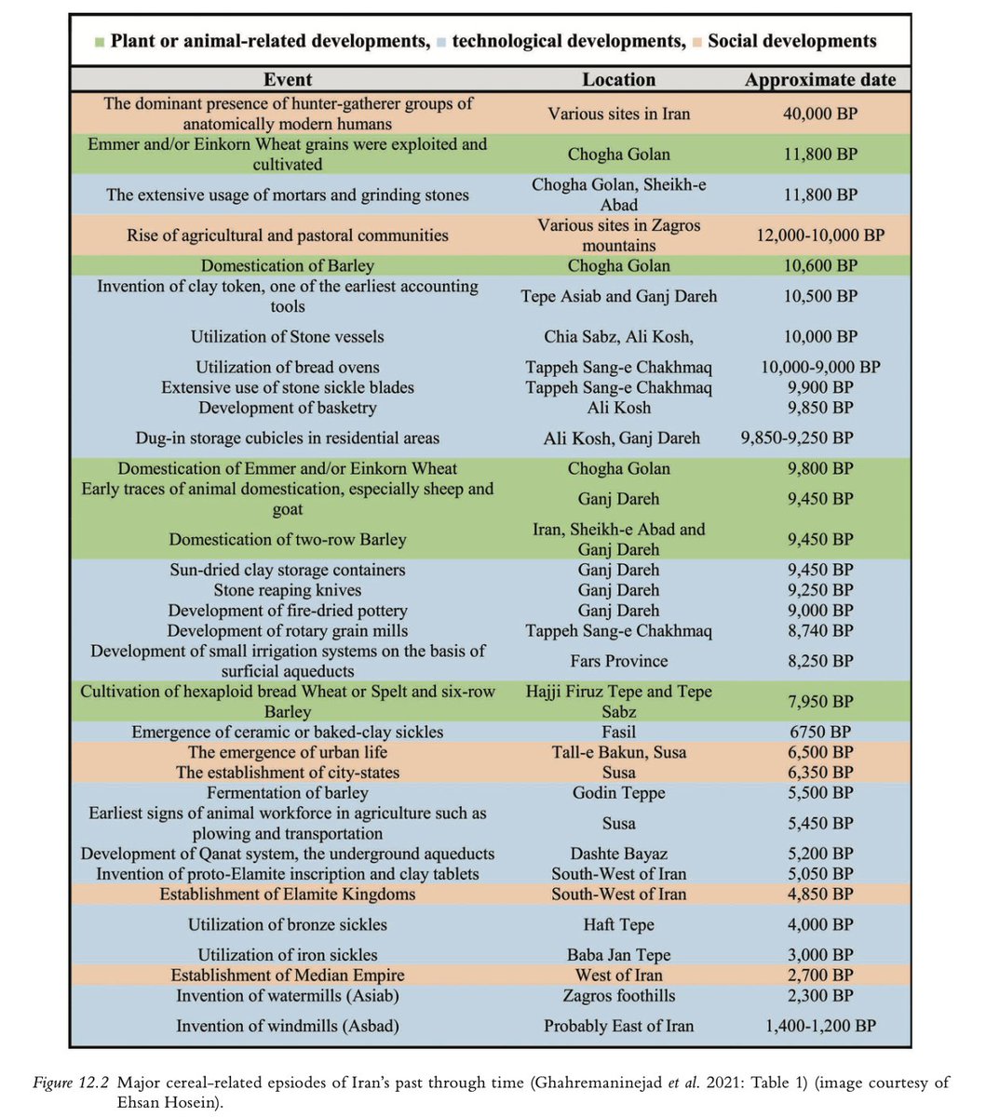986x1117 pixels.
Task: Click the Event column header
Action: coord(288,79)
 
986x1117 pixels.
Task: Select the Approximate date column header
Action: coord(819,80)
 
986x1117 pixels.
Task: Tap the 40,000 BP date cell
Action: coord(819,114)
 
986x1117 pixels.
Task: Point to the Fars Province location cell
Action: coord(618,661)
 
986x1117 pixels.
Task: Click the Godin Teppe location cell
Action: coord(618,793)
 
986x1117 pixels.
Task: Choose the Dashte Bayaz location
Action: coord(618,854)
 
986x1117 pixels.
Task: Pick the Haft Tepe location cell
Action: coord(618,924)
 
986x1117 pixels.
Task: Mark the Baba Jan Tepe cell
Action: coord(618,955)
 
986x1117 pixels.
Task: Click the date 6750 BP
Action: coord(819,733)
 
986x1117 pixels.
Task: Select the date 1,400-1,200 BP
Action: coord(819,1027)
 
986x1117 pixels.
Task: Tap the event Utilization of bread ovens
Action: coord(288,367)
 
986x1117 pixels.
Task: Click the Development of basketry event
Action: coord(288,408)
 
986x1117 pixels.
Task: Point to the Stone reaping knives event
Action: coord(288,590)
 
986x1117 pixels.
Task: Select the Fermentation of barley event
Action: coord(288,793)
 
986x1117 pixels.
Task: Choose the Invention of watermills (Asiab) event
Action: coord(288,996)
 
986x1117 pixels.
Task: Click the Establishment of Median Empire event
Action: coord(288,976)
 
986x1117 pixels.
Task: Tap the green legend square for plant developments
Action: coord(99,42)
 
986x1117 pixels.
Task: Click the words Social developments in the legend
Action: coord(791,41)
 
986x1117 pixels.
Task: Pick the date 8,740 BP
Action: coord(819,631)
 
